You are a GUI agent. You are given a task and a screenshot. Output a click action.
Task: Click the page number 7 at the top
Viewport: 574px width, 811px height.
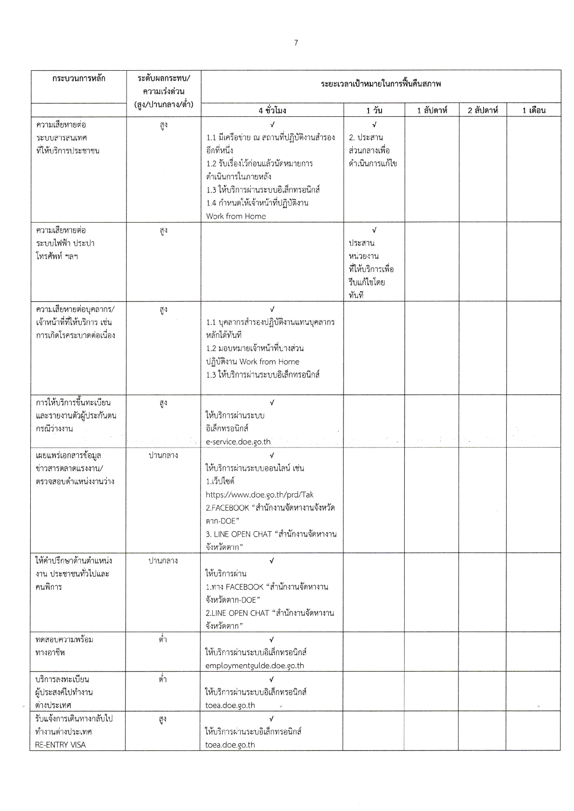(x=296, y=43)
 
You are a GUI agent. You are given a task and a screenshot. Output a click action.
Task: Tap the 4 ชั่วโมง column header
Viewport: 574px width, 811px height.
(x=272, y=111)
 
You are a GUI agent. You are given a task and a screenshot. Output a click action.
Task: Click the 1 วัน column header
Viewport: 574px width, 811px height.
(x=374, y=111)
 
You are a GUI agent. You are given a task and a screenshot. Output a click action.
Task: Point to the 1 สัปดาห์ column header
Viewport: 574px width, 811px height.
(x=432, y=111)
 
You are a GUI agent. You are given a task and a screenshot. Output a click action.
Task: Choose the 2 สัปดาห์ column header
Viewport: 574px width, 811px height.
(x=483, y=111)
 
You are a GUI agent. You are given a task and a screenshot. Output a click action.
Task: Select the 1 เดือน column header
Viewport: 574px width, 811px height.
(x=534, y=111)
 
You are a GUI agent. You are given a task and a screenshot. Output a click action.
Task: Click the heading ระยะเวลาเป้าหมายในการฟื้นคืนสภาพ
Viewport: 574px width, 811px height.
(x=381, y=84)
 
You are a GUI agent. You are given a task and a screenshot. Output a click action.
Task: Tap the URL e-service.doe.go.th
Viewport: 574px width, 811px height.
(x=238, y=442)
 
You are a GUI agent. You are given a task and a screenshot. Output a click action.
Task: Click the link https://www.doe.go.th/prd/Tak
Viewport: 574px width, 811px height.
(x=259, y=494)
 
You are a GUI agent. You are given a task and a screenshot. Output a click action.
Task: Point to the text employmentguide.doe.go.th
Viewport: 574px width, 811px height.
(x=255, y=666)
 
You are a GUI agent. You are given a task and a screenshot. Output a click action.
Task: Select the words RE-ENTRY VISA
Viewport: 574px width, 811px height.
(x=61, y=745)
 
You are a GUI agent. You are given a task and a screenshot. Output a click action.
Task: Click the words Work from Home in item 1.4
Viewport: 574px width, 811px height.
(x=236, y=216)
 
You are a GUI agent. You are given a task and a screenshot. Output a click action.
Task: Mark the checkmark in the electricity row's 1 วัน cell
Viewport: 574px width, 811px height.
(x=374, y=230)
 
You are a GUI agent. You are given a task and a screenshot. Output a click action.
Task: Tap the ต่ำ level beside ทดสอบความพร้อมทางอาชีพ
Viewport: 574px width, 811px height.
(x=163, y=639)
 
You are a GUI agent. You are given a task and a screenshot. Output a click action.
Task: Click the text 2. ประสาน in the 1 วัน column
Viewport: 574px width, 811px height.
(x=366, y=137)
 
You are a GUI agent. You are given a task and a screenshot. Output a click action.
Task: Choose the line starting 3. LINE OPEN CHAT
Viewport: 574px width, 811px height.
(x=271, y=534)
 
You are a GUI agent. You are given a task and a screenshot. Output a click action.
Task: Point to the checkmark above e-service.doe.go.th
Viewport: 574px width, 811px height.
(x=272, y=402)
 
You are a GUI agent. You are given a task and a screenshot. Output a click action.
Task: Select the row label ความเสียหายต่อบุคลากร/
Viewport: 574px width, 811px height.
(x=76, y=309)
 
